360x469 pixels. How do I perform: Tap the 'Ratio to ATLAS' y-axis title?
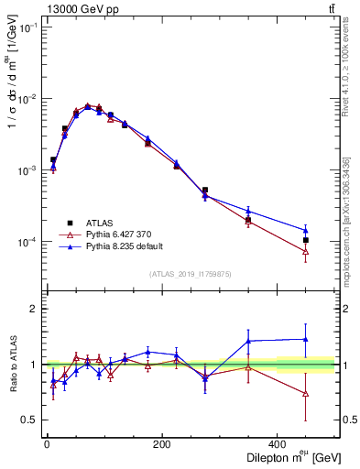(x=14, y=365)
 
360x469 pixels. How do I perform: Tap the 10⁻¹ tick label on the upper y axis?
(x=27, y=27)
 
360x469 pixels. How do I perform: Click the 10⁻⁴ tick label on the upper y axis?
(x=27, y=242)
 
